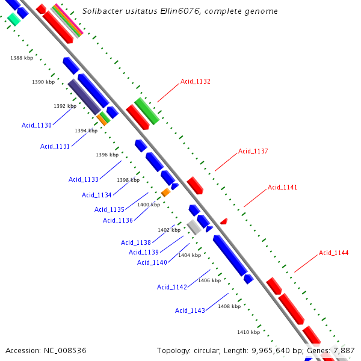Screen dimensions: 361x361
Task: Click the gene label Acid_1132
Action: pos(195,81)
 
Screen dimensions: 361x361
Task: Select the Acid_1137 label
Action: pos(253,151)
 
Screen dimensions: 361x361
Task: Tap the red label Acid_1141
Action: pos(282,187)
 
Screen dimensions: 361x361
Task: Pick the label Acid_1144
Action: pos(333,253)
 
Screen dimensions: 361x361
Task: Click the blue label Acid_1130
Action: pos(37,125)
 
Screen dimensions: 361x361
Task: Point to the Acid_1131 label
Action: pos(55,146)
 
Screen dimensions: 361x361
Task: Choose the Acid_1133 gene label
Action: pos(84,179)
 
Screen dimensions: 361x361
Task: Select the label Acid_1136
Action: pos(118,220)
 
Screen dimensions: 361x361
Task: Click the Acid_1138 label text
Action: pos(136,242)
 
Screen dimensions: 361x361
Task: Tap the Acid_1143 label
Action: pos(190,310)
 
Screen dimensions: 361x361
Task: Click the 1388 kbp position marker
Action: pos(22,58)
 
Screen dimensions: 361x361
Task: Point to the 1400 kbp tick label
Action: pos(149,205)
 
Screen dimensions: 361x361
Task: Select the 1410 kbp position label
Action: pos(248,332)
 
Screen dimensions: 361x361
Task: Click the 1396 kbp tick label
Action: pos(107,155)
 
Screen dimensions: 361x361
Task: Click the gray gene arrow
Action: pos(194,227)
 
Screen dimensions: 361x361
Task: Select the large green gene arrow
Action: pos(146,111)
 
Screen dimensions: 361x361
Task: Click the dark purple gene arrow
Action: pos(84,96)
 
